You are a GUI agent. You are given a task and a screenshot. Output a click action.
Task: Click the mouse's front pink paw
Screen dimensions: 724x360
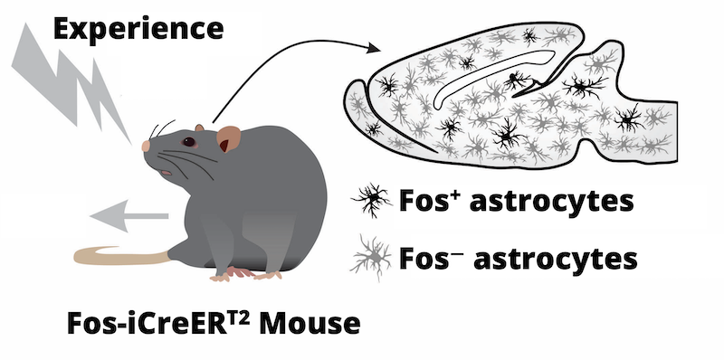(x=241, y=273)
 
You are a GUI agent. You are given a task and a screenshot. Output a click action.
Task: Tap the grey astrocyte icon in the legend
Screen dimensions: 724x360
(x=372, y=257)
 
